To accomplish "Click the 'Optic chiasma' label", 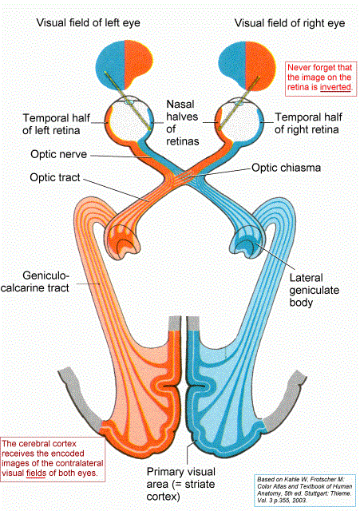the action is coord(286,168).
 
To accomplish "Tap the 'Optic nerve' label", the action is coord(58,154).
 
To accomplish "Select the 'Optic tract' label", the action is coord(55,177).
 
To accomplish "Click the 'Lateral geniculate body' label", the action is coord(314,290).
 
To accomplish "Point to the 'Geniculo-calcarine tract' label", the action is coord(35,282).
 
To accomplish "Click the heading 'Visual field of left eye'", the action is coord(88,23).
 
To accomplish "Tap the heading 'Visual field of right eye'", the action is coord(290,23).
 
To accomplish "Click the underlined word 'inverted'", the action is coord(335,87).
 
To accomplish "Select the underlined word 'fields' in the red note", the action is coord(36,473).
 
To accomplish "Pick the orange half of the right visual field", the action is coord(260,65).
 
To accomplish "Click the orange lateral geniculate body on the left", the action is coord(122,242).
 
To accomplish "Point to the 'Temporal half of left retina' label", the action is coord(56,125).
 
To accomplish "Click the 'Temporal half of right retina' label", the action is coord(308,123).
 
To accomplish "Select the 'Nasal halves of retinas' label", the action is coord(183,122).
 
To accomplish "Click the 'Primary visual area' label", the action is coord(181,485).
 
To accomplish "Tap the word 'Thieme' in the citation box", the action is coord(341,493).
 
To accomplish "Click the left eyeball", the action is coord(129,117).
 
